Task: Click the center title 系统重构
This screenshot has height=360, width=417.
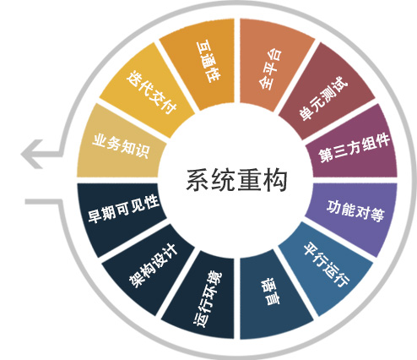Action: (236, 180)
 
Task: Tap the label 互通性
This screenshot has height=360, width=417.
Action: (208, 62)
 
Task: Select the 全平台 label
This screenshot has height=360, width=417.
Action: (270, 69)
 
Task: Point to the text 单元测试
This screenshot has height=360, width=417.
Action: (323, 98)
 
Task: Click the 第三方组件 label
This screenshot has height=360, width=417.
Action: (355, 148)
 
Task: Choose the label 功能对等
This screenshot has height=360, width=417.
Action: (355, 210)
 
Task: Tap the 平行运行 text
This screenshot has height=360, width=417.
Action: (327, 265)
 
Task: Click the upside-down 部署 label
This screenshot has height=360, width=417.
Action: (270, 292)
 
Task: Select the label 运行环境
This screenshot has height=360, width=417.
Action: (208, 299)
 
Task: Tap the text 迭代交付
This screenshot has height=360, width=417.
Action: (151, 92)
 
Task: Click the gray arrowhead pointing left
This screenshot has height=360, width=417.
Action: (31, 154)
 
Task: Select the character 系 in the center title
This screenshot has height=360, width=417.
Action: (198, 180)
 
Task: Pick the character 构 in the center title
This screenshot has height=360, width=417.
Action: (275, 180)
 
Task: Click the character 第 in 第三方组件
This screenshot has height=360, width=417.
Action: (326, 155)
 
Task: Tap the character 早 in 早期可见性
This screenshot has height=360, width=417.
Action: (95, 216)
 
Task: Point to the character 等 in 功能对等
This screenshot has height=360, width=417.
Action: (377, 215)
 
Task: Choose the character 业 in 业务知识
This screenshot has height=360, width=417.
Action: (100, 140)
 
